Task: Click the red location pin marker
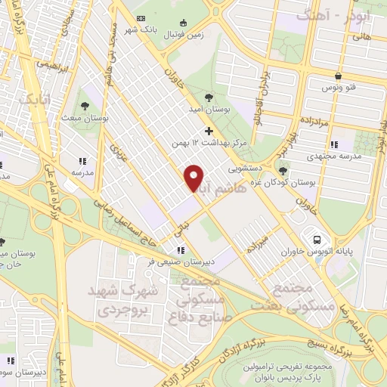[194, 178]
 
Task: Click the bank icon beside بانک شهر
[140, 19]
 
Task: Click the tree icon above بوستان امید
[209, 96]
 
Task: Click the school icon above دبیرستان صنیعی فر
[180, 250]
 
